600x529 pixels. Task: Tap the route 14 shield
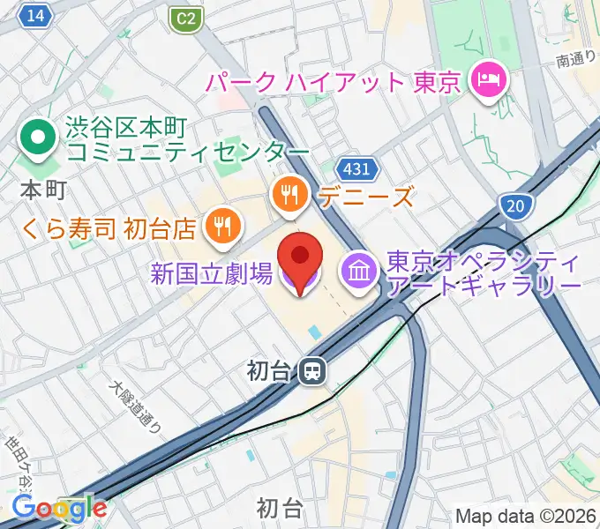[35, 16]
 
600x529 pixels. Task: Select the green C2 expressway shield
[184, 17]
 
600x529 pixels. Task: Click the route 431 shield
[357, 168]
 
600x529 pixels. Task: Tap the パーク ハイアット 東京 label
[334, 83]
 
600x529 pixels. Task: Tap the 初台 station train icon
[311, 371]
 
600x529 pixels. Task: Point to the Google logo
[58, 508]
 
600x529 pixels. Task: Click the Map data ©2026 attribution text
[525, 516]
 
